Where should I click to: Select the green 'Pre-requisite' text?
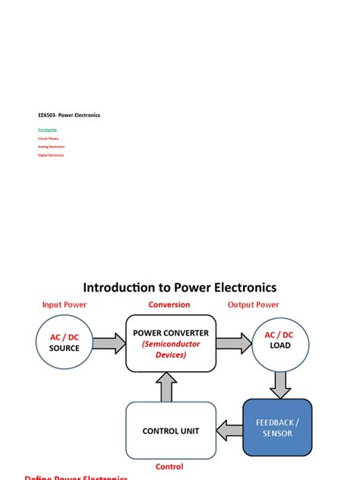(x=47, y=131)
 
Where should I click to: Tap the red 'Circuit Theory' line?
(x=49, y=139)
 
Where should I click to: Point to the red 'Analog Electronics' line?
(x=52, y=147)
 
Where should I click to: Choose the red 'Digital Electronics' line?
(x=51, y=155)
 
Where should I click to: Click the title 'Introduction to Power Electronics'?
(x=180, y=287)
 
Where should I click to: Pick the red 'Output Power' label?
(x=254, y=305)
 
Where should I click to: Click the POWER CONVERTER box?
(x=170, y=343)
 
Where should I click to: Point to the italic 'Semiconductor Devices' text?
(x=170, y=349)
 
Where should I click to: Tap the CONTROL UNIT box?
(x=170, y=431)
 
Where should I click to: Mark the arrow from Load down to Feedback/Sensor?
(x=280, y=384)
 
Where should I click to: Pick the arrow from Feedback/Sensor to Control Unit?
(x=229, y=431)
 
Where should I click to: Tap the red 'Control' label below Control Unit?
(x=169, y=466)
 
